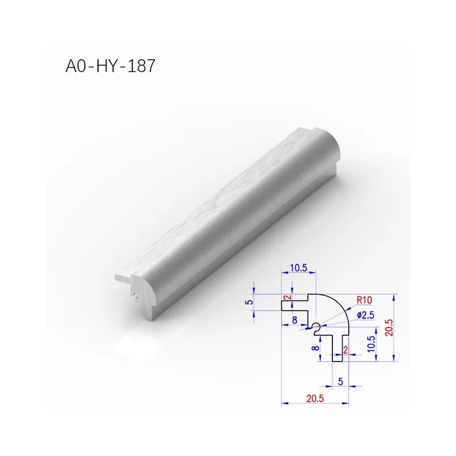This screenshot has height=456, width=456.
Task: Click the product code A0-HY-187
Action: click(x=110, y=66)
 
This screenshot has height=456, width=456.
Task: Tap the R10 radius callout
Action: click(x=364, y=300)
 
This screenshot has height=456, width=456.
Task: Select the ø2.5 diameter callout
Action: click(x=365, y=315)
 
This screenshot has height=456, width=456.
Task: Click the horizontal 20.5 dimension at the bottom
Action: click(x=315, y=398)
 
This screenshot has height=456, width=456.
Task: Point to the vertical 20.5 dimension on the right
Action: click(x=389, y=328)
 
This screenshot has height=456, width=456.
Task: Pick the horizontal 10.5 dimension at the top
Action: click(x=298, y=268)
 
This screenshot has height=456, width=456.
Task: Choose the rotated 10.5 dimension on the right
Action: click(x=372, y=344)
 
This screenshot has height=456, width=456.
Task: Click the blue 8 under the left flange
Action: click(x=295, y=320)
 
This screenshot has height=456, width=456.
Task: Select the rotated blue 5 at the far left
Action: click(x=250, y=302)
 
